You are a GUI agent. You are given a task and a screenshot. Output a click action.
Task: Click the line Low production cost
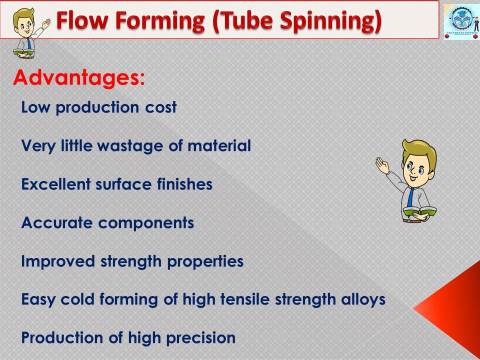tap(98, 107)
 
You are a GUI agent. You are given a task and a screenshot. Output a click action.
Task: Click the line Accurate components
tap(107, 223)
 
